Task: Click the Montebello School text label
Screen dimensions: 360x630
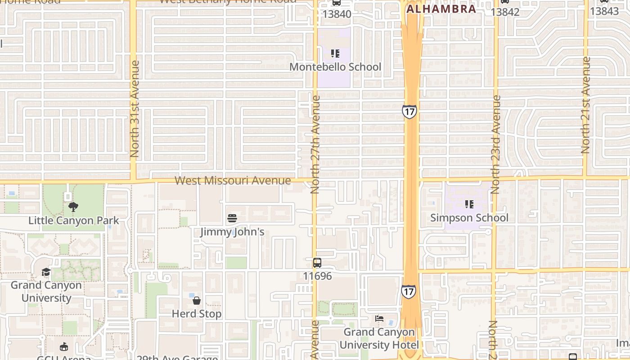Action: (x=335, y=67)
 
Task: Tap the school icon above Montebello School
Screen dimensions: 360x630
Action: (x=335, y=54)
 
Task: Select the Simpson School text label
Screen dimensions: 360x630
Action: (x=469, y=218)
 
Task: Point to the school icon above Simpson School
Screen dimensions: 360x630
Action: (x=469, y=204)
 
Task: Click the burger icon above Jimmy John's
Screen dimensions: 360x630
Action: (x=232, y=219)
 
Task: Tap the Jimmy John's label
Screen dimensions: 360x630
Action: (x=232, y=232)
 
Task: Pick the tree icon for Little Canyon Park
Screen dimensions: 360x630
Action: (x=73, y=207)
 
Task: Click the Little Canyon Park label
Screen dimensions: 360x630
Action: (x=73, y=220)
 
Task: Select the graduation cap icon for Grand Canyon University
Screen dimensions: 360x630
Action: (x=46, y=272)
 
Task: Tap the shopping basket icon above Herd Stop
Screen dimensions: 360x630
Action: (x=197, y=300)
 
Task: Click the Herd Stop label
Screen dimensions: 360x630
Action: (x=197, y=314)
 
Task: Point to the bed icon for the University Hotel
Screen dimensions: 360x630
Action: (x=379, y=319)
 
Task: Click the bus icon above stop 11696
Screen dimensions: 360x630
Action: (x=317, y=262)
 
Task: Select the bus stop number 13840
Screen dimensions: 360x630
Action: (x=337, y=14)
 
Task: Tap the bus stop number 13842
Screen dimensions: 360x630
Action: (x=505, y=12)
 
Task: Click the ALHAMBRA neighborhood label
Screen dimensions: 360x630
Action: (x=441, y=9)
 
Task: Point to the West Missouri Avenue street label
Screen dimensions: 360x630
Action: (x=233, y=180)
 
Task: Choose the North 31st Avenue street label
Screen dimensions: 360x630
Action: (x=135, y=109)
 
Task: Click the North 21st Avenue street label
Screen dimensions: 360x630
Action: (x=585, y=105)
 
